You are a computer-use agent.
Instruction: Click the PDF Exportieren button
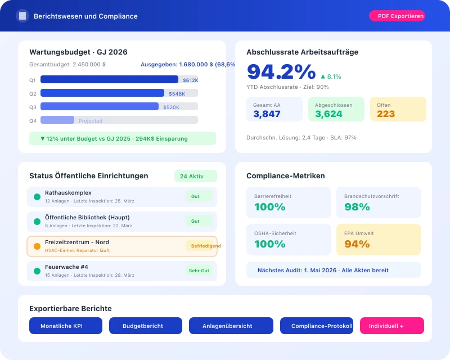(x=397, y=16)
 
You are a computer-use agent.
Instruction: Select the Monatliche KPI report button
(x=66, y=326)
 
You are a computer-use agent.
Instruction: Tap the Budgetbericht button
(x=145, y=326)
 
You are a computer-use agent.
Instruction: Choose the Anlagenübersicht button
(x=231, y=326)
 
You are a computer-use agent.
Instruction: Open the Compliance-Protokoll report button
(x=317, y=326)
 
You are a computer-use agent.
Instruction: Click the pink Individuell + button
(x=391, y=326)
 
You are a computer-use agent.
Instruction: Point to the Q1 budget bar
(x=109, y=80)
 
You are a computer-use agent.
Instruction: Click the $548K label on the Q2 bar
(x=177, y=93)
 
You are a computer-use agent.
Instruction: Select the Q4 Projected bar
(x=57, y=120)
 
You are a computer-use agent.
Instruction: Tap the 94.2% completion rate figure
(x=281, y=72)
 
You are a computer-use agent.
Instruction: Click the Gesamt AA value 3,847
(x=267, y=114)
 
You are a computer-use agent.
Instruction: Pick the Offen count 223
(x=386, y=114)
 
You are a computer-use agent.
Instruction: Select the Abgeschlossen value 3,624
(x=328, y=114)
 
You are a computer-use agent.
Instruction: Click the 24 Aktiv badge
(x=195, y=176)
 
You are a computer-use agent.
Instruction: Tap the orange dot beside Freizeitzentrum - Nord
(x=37, y=246)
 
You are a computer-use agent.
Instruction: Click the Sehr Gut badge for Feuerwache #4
(x=199, y=271)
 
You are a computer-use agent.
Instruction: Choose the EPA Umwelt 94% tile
(x=378, y=240)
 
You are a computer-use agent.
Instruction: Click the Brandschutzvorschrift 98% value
(x=357, y=206)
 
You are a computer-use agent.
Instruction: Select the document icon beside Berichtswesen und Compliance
(x=22, y=16)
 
